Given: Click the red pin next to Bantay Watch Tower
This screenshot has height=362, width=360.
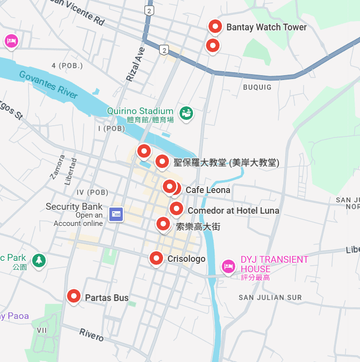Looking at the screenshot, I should (215, 27).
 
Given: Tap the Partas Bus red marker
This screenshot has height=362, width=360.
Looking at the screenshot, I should (74, 296).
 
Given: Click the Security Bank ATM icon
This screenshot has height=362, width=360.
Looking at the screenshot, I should (116, 214).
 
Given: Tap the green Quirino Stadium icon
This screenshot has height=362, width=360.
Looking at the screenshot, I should (186, 113).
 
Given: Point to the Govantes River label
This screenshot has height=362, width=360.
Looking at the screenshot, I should (49, 84).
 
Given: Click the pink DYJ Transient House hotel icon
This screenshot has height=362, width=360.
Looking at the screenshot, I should (227, 267).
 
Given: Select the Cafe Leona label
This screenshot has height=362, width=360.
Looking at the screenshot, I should (208, 190).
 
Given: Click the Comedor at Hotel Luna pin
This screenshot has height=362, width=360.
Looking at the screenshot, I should (176, 209).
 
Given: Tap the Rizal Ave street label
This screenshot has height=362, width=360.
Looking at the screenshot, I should (136, 64).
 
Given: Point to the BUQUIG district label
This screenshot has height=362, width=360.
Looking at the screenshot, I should (257, 87).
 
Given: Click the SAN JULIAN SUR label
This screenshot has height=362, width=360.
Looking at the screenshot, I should (270, 297).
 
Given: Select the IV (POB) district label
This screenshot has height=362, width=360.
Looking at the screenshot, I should (92, 192).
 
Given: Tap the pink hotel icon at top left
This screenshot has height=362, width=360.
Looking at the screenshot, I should (11, 41).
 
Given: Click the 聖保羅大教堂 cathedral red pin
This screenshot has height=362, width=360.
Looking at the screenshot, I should (162, 161).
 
